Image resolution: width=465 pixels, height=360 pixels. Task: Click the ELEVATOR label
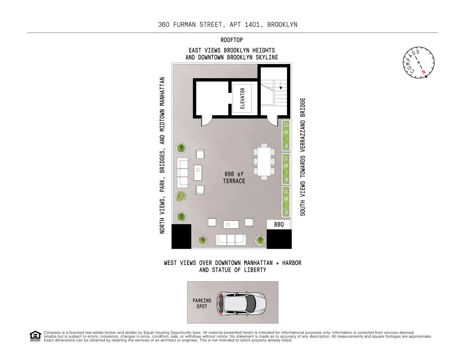[242, 98]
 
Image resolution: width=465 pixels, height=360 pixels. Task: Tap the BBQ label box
[279, 224]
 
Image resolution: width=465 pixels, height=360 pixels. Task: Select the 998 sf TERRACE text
[234, 177]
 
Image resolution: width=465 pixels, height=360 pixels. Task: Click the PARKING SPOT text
[202, 303]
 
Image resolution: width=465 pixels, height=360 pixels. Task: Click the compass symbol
[418, 62]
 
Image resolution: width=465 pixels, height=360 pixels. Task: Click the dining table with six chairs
[264, 161]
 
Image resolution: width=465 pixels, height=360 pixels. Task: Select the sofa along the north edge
[182, 172]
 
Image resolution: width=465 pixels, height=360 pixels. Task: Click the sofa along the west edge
[231, 240]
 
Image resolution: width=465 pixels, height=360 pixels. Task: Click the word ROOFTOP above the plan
[232, 40]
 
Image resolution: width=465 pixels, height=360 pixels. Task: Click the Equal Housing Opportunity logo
[35, 336]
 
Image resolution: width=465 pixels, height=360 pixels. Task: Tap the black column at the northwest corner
[181, 236]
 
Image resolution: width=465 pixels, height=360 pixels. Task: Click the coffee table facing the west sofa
[231, 225]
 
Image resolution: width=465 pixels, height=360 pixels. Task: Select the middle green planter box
[286, 169]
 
